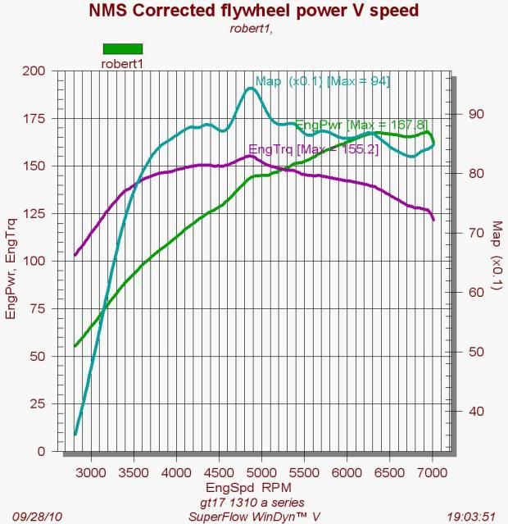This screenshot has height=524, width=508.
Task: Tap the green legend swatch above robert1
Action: pos(122,48)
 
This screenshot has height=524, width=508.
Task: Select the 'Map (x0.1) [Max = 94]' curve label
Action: pos(322,81)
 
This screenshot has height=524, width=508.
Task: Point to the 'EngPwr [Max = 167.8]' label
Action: pos(350,125)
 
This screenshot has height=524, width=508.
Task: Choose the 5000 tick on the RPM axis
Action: pos(260,474)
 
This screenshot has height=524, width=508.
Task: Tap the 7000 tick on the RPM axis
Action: pos(431,474)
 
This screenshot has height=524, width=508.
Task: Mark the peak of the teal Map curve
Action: pos(251,88)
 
